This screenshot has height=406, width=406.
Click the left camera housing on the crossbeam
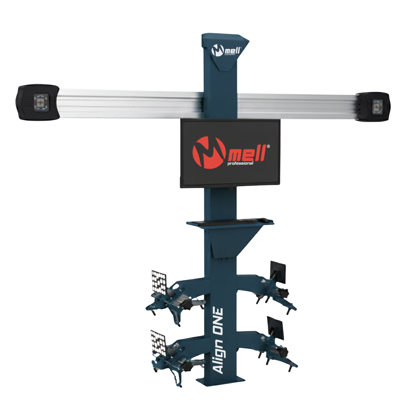[x=38, y=102]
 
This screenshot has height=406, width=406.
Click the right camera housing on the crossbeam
[x=373, y=107]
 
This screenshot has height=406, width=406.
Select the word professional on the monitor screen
[x=240, y=163]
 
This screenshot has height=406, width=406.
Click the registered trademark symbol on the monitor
[x=268, y=146]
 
